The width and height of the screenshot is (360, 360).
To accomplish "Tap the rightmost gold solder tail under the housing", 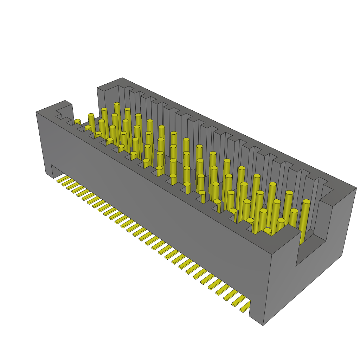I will coord(245,309).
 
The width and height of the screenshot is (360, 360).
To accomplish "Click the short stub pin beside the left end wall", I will coord(77,122).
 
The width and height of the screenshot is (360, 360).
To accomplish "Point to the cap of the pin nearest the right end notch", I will coord(307,202).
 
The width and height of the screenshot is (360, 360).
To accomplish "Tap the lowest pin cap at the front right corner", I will coord(268,231).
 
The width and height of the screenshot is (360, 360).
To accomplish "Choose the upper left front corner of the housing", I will coord(36,112).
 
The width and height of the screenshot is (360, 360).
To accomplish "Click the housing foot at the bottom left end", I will coord(49,171).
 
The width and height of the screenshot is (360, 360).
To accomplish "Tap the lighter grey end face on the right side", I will coord(343,225).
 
